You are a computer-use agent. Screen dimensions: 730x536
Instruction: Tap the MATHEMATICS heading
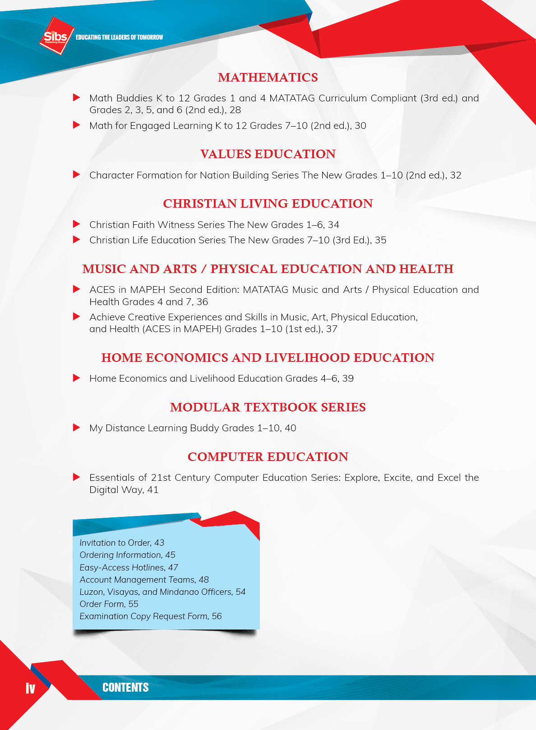point(268,78)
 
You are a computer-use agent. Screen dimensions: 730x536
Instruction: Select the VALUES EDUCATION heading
point(268,154)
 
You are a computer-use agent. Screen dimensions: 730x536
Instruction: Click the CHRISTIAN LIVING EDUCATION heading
point(268,204)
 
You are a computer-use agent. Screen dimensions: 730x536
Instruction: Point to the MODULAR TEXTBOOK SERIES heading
point(268,407)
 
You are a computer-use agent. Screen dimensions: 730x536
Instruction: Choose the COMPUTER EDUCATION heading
point(268,457)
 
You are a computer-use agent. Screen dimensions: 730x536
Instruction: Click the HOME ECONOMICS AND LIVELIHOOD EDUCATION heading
point(268,358)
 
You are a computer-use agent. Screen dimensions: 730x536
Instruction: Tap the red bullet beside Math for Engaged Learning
point(77,125)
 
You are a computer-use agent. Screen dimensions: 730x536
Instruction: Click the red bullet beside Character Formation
point(77,174)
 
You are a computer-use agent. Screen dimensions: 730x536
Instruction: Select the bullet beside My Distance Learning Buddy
point(77,427)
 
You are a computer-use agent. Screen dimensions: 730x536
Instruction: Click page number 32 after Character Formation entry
point(456,175)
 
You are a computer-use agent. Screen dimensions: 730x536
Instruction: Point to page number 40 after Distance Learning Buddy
point(291,428)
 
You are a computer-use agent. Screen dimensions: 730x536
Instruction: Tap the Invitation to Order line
point(122,543)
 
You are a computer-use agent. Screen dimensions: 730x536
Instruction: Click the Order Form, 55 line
point(109,604)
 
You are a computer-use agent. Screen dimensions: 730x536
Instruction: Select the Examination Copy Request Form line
point(151,616)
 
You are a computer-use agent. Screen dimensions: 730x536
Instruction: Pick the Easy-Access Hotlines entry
point(129,568)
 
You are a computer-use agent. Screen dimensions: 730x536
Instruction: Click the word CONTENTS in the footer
point(125,688)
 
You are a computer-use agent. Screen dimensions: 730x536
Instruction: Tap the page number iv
point(30,688)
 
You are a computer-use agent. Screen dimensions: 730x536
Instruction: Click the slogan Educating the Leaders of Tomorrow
point(120,37)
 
